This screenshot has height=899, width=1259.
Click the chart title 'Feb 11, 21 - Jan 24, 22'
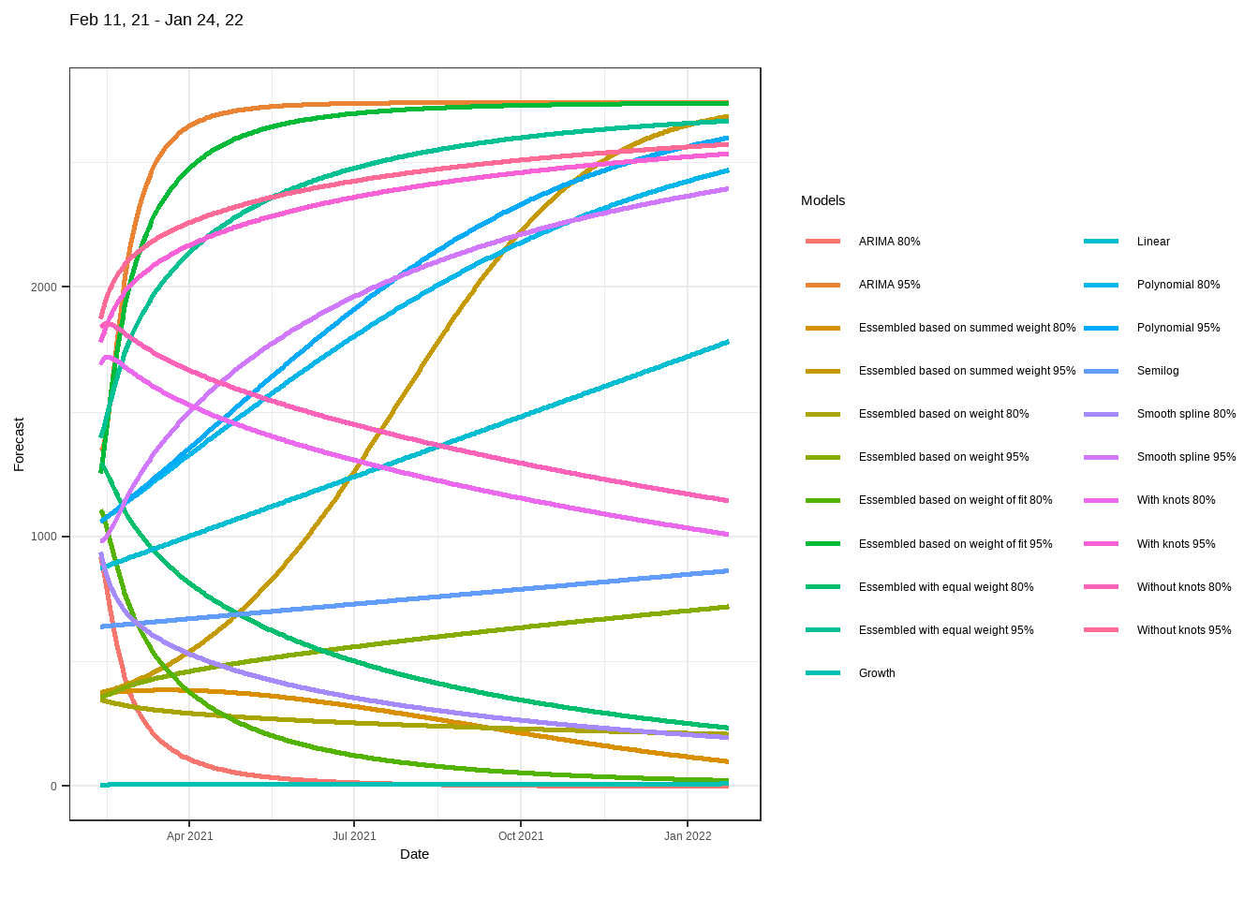click(x=156, y=20)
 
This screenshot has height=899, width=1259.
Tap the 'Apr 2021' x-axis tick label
click(x=189, y=836)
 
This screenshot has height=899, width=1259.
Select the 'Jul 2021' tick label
click(x=354, y=836)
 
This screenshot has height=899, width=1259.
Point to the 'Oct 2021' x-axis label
click(x=521, y=836)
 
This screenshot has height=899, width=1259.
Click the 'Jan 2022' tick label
click(x=688, y=836)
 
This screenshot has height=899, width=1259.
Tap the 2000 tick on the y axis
click(x=44, y=287)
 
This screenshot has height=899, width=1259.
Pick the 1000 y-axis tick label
click(x=44, y=537)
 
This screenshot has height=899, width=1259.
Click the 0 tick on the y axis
click(x=53, y=787)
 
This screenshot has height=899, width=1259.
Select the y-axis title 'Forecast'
click(x=19, y=444)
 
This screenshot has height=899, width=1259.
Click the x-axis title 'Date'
click(x=414, y=854)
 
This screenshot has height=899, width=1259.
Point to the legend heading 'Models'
click(x=822, y=200)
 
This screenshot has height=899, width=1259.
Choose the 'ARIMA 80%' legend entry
click(x=889, y=242)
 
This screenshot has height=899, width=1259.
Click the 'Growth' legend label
click(x=877, y=673)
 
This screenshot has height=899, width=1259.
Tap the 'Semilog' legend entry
click(x=1158, y=371)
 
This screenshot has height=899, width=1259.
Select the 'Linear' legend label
click(x=1153, y=242)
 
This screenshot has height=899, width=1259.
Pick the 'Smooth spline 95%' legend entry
click(x=1186, y=457)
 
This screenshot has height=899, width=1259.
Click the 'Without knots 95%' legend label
click(x=1184, y=630)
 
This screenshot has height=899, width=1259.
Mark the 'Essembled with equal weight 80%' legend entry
click(x=946, y=587)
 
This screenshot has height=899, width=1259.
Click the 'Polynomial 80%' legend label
click(x=1178, y=285)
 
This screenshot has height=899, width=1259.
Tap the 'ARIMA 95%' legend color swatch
click(x=822, y=285)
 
